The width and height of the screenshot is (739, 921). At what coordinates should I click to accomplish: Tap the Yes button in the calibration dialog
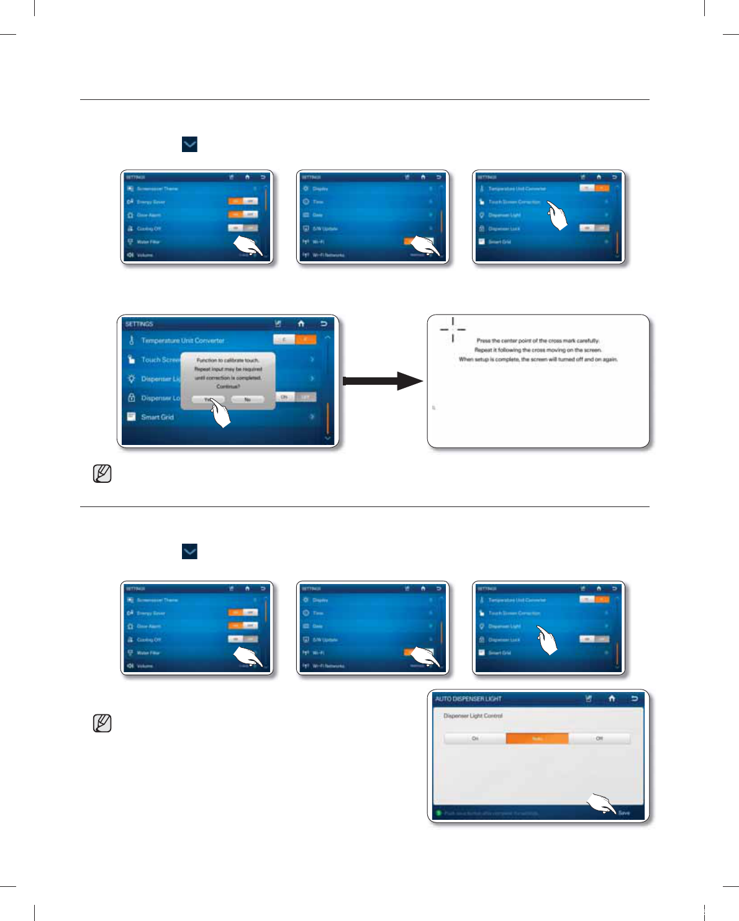click(207, 400)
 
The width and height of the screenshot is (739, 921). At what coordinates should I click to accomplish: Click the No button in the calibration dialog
click(247, 400)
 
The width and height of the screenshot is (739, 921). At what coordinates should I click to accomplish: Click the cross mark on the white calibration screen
click(453, 330)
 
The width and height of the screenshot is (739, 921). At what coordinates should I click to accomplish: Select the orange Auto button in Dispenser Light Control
click(537, 739)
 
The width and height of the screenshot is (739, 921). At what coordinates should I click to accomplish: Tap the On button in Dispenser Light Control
click(475, 739)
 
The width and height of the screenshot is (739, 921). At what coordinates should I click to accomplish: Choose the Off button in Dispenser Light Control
click(599, 739)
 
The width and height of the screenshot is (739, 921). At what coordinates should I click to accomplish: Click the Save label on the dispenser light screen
click(624, 813)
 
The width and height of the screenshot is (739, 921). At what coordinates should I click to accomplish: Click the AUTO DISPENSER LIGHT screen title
click(468, 699)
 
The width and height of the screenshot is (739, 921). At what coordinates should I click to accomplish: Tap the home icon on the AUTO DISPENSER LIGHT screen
click(612, 698)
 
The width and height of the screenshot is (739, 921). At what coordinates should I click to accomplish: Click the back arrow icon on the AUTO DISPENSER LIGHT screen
click(634, 698)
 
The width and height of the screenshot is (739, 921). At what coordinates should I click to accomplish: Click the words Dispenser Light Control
click(473, 716)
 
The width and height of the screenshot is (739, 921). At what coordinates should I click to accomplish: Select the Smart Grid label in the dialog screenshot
click(157, 417)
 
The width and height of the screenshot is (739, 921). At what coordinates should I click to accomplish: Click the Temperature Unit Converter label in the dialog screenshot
click(183, 341)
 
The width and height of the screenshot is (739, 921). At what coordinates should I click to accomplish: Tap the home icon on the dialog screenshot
click(301, 323)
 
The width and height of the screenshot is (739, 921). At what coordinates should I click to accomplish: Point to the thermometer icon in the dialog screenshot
click(131, 340)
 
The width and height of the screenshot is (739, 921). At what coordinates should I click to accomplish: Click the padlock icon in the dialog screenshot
click(131, 398)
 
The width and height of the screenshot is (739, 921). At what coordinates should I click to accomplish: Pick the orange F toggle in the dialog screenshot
click(306, 339)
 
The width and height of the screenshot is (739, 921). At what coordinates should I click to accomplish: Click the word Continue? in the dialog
click(228, 386)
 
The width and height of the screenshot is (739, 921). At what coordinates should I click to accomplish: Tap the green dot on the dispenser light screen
click(438, 813)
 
